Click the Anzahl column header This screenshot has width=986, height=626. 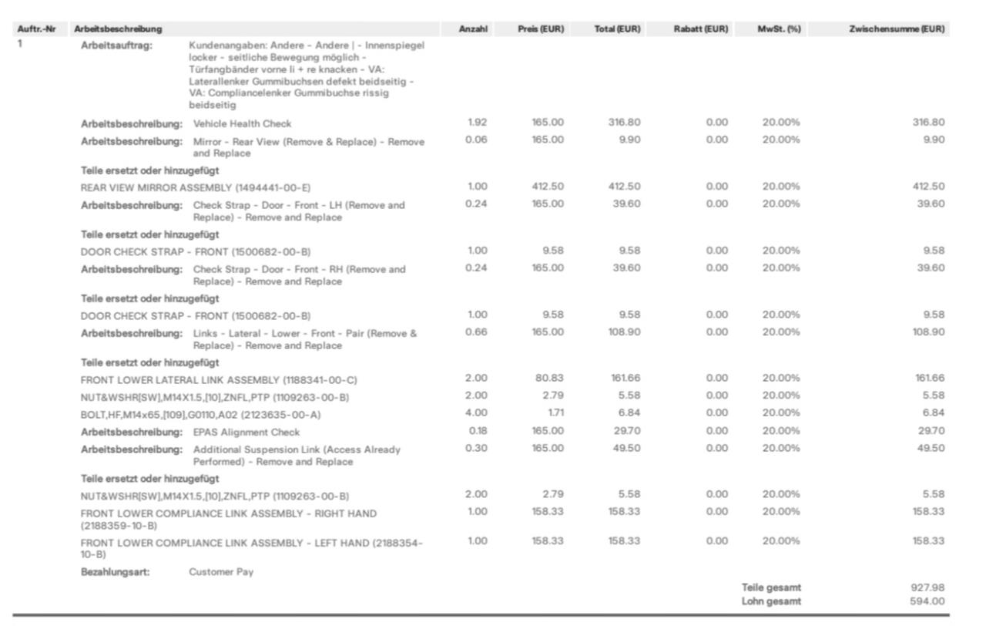(x=473, y=29)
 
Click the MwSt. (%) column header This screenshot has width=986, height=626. (x=780, y=29)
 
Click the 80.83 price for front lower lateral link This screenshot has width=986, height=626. (x=550, y=379)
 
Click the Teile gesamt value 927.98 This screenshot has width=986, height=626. (x=927, y=587)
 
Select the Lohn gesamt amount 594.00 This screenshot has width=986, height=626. (x=927, y=601)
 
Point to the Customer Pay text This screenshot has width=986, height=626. (x=221, y=572)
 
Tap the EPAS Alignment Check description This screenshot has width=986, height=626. (x=246, y=432)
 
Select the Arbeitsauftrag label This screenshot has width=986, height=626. (x=117, y=45)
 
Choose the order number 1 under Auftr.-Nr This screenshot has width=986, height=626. (x=21, y=44)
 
